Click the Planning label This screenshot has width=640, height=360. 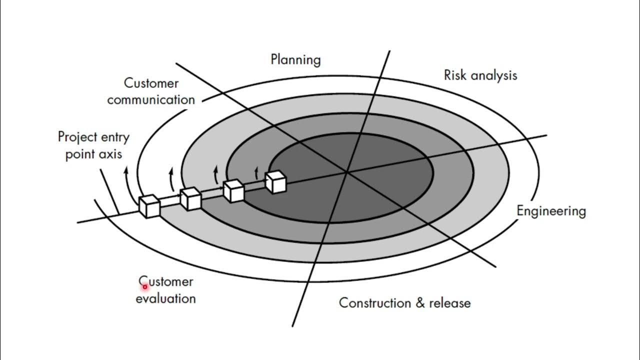[295, 60]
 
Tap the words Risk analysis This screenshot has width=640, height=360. [480, 75]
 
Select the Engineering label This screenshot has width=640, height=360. [551, 211]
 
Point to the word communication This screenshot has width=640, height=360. [151, 100]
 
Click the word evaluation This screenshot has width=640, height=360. [165, 299]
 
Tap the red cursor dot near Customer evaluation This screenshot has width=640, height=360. [144, 287]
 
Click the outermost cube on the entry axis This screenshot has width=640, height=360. [149, 206]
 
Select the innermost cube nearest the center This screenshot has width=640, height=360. [276, 182]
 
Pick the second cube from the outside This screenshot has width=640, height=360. [190, 198]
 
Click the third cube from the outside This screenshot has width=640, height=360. [233, 191]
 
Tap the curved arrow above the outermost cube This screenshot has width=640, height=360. [126, 177]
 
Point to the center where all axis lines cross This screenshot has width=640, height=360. [346, 173]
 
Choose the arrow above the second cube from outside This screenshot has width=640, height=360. [171, 177]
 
